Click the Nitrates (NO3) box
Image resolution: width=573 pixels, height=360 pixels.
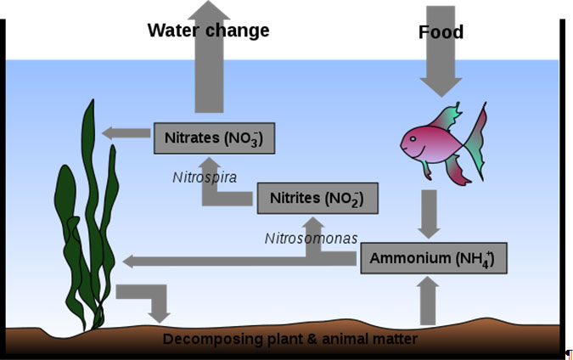(x=214, y=138)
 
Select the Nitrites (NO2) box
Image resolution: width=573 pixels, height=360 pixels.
(x=317, y=198)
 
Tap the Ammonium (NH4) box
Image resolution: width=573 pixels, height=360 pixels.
(x=434, y=258)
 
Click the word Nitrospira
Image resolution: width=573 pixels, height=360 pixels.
(x=205, y=177)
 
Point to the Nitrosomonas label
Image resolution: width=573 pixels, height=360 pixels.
(x=311, y=239)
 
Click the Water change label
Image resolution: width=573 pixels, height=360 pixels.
(x=208, y=31)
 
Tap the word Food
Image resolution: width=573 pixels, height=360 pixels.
(x=441, y=32)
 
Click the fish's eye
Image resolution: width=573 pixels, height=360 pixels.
(x=413, y=139)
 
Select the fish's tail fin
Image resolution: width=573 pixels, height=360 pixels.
(x=475, y=143)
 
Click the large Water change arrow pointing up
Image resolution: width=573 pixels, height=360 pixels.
(x=209, y=56)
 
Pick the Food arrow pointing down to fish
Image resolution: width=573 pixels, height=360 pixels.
(x=441, y=51)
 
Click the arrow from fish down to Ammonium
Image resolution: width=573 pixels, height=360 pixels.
(x=429, y=215)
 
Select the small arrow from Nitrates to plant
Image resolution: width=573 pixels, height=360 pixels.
(x=126, y=133)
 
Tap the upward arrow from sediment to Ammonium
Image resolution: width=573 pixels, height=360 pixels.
(x=428, y=301)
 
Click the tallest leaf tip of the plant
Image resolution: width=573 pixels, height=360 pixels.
(x=93, y=100)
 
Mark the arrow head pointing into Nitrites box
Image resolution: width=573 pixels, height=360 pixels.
(x=313, y=223)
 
